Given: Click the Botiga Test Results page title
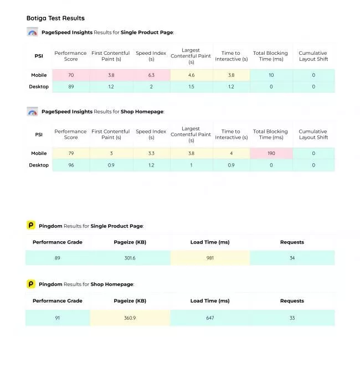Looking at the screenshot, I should (55, 18).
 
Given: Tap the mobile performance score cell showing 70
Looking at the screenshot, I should (71, 75).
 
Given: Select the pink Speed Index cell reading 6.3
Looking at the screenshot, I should (151, 75).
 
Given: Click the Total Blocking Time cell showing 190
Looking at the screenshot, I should (271, 153).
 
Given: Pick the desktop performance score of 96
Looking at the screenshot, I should (71, 165).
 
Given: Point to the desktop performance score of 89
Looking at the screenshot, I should (71, 86).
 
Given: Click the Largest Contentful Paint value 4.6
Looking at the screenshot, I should (191, 75).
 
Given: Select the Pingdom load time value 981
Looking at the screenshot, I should (210, 258).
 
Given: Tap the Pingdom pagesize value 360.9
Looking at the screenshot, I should (130, 318).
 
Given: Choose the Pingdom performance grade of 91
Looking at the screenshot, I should (58, 318).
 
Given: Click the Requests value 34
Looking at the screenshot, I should (292, 258).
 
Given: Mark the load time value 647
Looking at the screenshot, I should (210, 318).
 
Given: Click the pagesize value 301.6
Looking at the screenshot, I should (130, 258).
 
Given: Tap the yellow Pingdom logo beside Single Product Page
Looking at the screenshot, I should (31, 225).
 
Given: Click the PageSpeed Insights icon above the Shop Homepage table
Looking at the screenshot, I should (32, 112).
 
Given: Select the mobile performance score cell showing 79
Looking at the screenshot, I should (71, 153).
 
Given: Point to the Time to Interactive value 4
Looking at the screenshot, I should (232, 153).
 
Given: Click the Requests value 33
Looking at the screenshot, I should (292, 318).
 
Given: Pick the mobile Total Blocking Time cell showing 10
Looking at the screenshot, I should (271, 75).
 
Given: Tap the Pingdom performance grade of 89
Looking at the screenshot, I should (58, 258).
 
